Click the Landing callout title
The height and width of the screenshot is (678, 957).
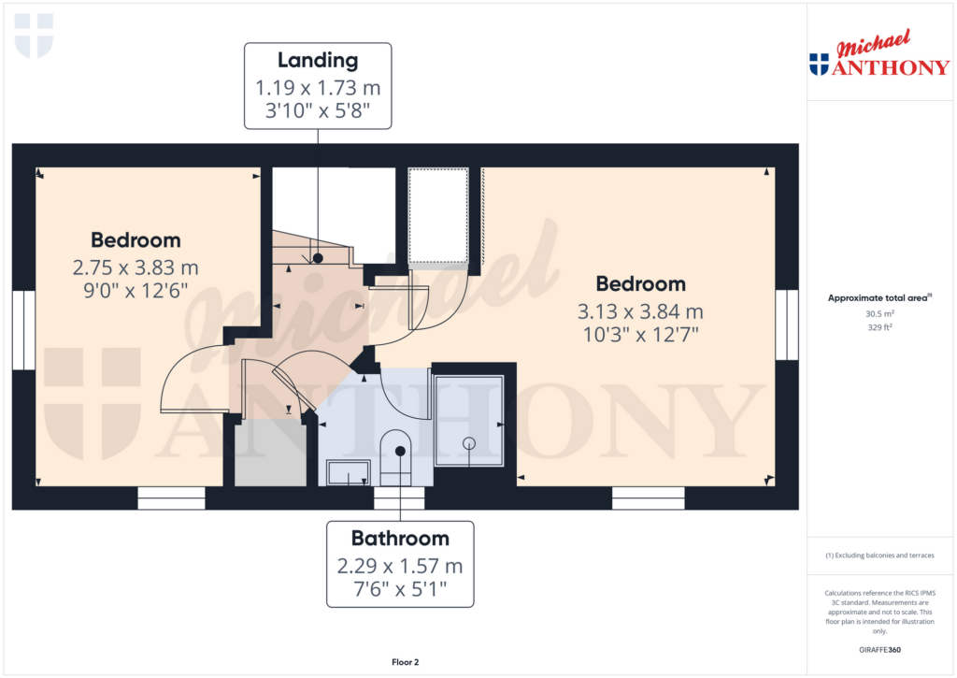click(318, 60)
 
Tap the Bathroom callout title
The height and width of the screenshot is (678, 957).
click(400, 538)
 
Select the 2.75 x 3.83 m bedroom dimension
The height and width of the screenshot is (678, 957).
click(136, 267)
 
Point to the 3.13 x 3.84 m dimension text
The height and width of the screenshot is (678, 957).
click(640, 311)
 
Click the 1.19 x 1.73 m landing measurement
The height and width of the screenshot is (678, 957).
click(318, 88)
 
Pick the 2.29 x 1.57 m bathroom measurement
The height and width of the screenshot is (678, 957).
click(400, 566)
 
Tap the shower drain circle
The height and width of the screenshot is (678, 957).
click(469, 443)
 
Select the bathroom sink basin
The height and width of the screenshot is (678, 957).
click(348, 473)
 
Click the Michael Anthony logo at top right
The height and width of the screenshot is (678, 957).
click(878, 53)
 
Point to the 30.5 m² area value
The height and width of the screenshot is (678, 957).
click(879, 313)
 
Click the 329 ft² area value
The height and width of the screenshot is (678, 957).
click(879, 327)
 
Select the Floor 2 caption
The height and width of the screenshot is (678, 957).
click(406, 662)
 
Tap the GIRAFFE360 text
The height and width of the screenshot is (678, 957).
click(879, 650)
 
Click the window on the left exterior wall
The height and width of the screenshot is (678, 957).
click(23, 330)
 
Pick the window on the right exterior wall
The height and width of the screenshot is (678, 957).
click(787, 325)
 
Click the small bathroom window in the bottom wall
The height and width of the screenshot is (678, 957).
click(398, 498)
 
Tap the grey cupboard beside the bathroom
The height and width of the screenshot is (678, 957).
click(270, 454)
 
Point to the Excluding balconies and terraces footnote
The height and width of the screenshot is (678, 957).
click(879, 555)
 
